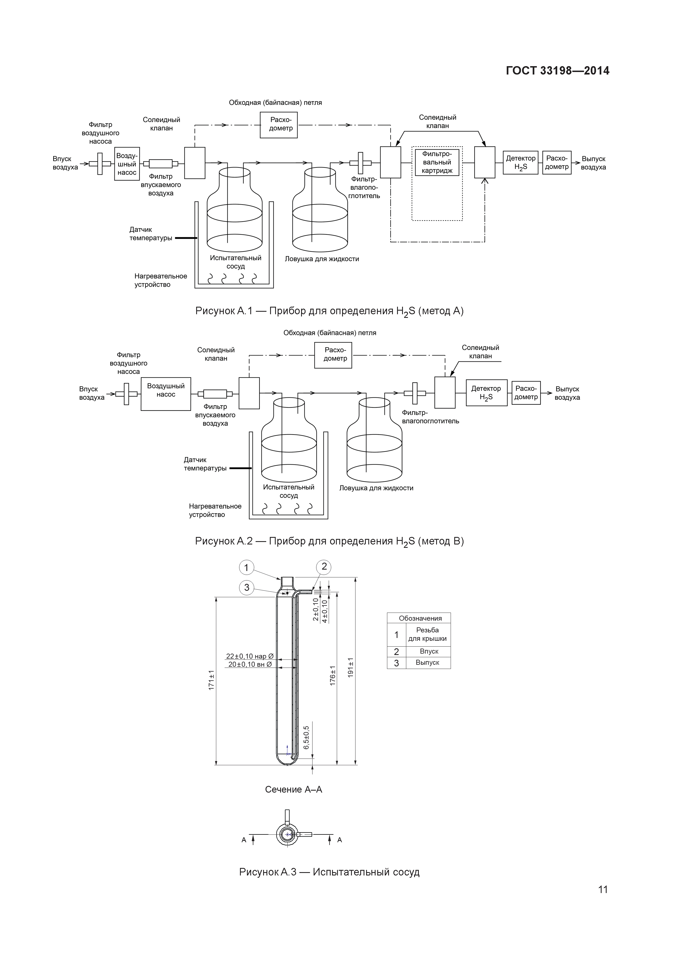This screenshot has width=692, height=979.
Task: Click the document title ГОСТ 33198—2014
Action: click(557, 71)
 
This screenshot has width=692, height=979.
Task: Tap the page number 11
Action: click(602, 889)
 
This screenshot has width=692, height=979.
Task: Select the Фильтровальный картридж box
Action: click(437, 162)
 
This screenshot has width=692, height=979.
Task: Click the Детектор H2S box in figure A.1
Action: click(520, 162)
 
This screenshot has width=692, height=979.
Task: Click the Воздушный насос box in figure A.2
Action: click(166, 394)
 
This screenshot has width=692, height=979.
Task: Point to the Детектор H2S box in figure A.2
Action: click(486, 393)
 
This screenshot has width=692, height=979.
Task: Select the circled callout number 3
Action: click(246, 587)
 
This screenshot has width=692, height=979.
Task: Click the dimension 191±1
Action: click(350, 667)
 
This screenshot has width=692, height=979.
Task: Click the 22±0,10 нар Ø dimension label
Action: click(249, 656)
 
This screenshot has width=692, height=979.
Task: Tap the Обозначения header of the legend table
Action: click(420, 618)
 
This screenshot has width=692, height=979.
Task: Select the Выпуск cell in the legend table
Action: click(427, 663)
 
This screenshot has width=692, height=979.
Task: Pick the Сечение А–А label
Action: click(293, 789)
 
